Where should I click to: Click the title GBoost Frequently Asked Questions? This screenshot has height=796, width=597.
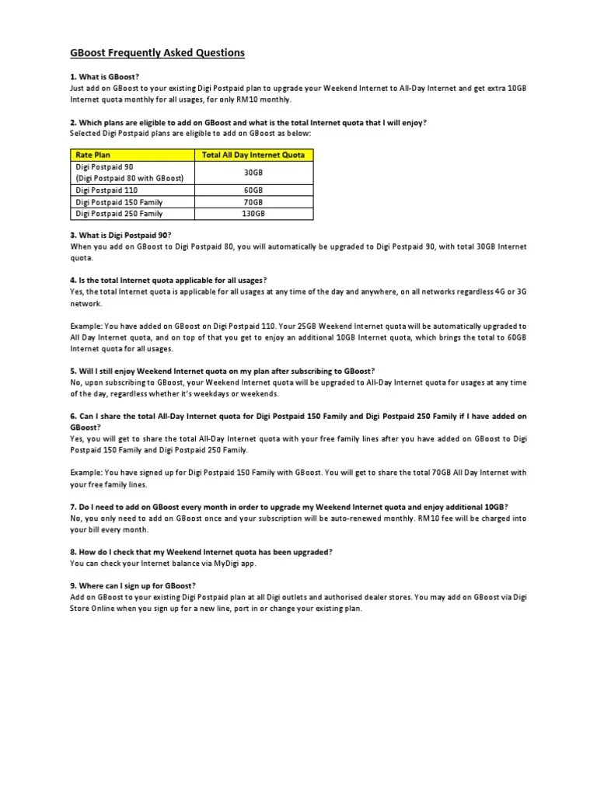click(x=157, y=53)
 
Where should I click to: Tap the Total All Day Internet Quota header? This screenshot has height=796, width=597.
click(x=253, y=155)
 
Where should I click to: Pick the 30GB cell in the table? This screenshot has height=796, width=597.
click(x=253, y=173)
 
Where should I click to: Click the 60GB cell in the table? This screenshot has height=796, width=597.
click(x=253, y=190)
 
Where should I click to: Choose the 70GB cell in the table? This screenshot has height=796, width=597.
click(x=253, y=201)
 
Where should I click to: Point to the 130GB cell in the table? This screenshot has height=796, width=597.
click(x=253, y=213)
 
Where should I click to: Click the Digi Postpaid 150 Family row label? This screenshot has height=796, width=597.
click(x=119, y=201)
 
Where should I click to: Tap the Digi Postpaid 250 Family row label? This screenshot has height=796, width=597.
click(x=119, y=213)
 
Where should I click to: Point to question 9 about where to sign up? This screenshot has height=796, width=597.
click(x=133, y=585)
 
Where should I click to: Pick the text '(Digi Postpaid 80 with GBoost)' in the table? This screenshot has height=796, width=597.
click(x=129, y=178)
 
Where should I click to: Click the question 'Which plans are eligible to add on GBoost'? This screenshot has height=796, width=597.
click(x=248, y=123)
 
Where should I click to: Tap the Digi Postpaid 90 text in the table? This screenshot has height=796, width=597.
click(x=104, y=167)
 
